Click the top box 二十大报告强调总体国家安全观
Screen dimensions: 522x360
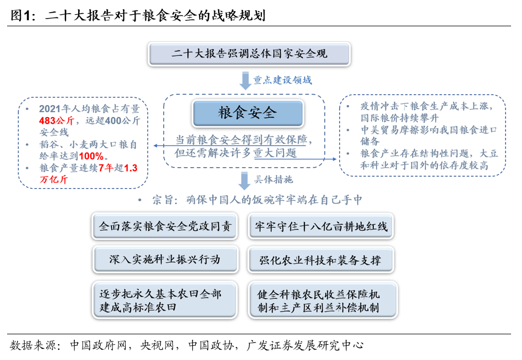pyautogui.click(x=249, y=54)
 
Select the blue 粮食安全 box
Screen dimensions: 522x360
pyautogui.click(x=247, y=113)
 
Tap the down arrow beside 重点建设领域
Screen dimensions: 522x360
pyautogui.click(x=245, y=80)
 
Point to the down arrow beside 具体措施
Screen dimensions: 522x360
pyautogui.click(x=245, y=180)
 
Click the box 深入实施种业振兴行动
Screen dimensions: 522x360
pyautogui.click(x=165, y=259)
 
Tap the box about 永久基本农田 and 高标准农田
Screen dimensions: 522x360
pyautogui.click(x=165, y=300)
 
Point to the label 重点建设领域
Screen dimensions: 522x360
pyautogui.click(x=282, y=80)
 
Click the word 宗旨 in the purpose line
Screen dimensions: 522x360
pyautogui.click(x=165, y=200)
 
